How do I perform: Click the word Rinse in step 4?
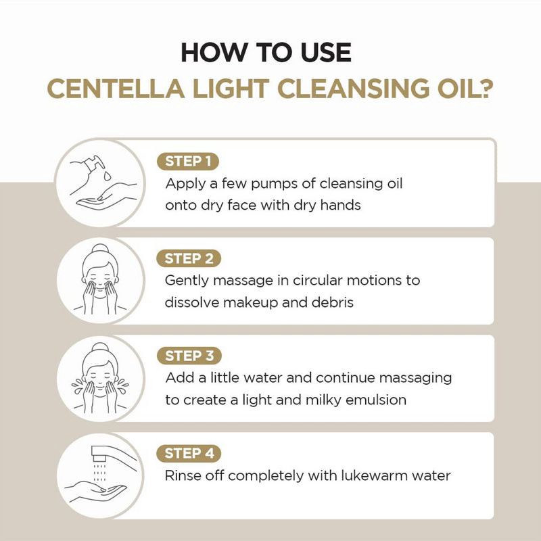pyautogui.click(x=183, y=475)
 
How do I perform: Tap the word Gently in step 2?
pyautogui.click(x=186, y=281)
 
